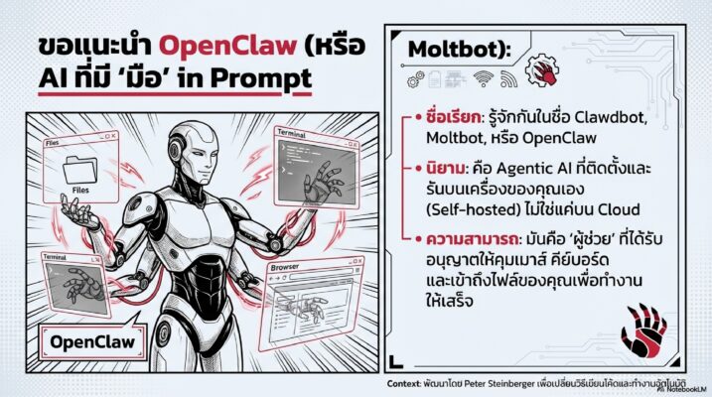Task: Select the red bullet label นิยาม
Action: click(441, 171)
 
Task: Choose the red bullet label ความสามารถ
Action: click(459, 240)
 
